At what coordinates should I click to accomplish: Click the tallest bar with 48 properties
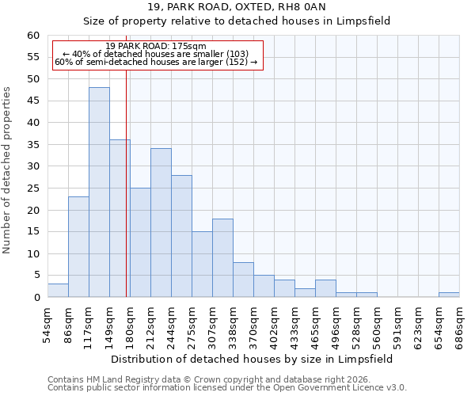pyautogui.click(x=99, y=192)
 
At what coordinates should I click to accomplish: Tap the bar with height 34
pyautogui.click(x=161, y=223)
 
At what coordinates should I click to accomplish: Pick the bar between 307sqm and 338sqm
pyautogui.click(x=222, y=258)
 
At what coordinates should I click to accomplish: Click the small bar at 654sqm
pyautogui.click(x=449, y=295)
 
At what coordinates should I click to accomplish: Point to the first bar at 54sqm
pyautogui.click(x=58, y=291)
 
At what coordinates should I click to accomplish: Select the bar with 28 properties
pyautogui.click(x=181, y=236)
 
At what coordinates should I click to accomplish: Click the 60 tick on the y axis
pyautogui.click(x=33, y=36)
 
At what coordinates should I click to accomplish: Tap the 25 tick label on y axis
pyautogui.click(x=33, y=188)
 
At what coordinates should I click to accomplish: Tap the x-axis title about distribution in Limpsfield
pyautogui.click(x=252, y=359)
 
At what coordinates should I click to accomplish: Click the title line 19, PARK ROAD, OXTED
pyautogui.click(x=237, y=7)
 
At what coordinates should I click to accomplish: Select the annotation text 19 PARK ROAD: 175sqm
pyautogui.click(x=156, y=47)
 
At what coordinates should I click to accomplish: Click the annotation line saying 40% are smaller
pyautogui.click(x=156, y=54)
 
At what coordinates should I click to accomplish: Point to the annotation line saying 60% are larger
pyautogui.click(x=156, y=62)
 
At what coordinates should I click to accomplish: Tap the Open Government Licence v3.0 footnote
pyautogui.click(x=227, y=387)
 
